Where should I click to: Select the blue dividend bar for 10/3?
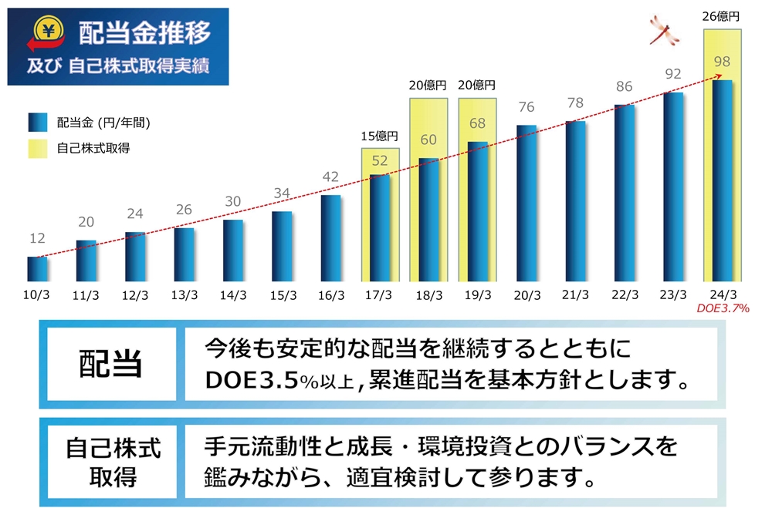click(37, 268)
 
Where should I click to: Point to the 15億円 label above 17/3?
click(380, 136)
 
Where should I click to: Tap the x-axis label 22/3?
click(625, 294)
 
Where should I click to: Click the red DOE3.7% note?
click(723, 308)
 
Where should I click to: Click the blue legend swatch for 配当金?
click(38, 123)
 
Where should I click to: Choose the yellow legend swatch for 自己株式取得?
click(38, 147)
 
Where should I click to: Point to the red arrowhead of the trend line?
click(719, 76)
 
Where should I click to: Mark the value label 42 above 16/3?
click(331, 177)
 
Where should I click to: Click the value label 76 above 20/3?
click(527, 107)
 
